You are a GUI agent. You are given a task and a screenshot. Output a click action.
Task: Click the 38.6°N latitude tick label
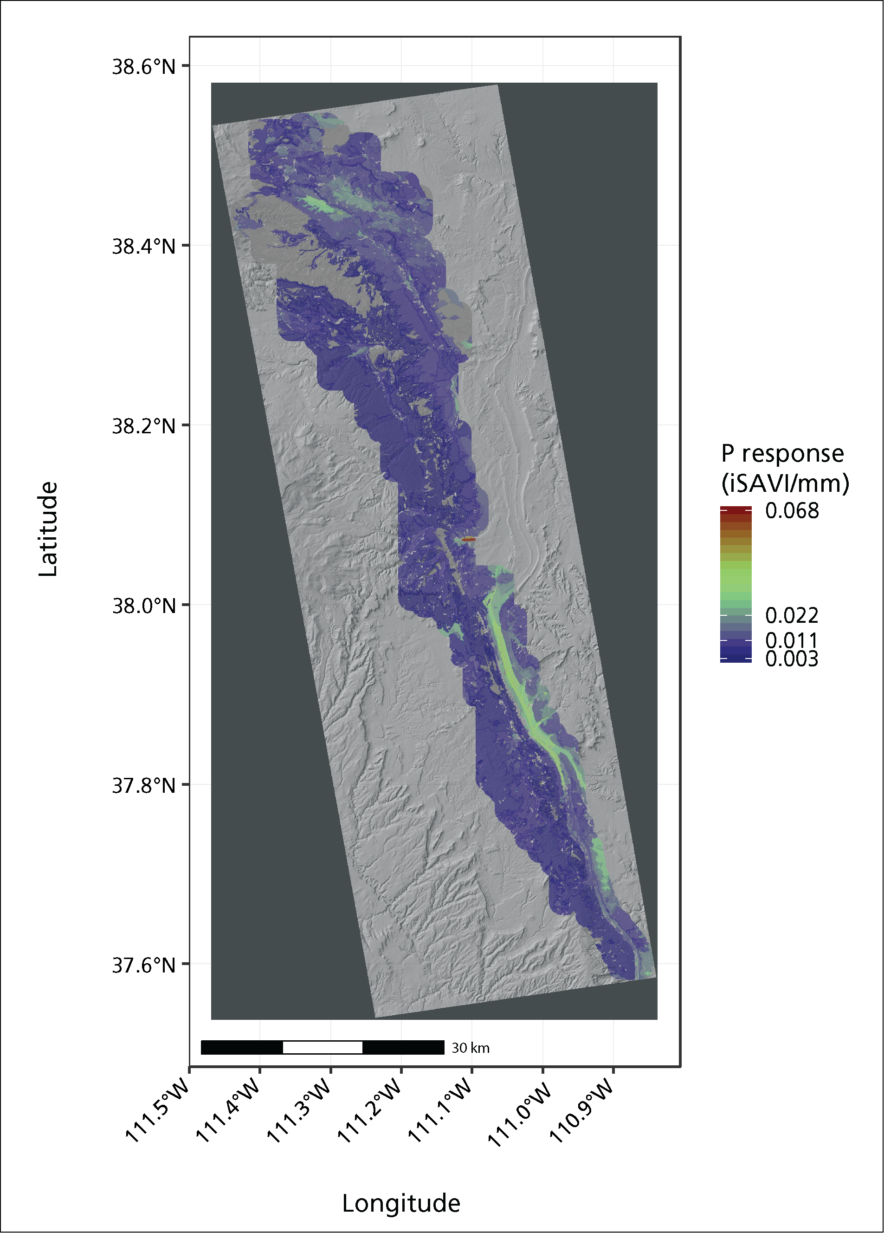pyautogui.click(x=143, y=67)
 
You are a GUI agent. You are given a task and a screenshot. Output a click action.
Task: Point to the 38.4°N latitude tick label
pyautogui.click(x=143, y=246)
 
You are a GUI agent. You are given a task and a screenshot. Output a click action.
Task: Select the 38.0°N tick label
pyautogui.click(x=143, y=605)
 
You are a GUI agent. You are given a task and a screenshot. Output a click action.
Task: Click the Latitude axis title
pyautogui.click(x=48, y=529)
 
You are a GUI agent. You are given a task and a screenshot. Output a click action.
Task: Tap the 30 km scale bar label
pyautogui.click(x=471, y=1048)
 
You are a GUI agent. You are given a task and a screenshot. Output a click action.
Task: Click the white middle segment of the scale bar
pyautogui.click(x=323, y=1047)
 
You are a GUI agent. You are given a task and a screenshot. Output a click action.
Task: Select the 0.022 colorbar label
pyautogui.click(x=792, y=615)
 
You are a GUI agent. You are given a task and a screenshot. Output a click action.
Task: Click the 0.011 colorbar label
pyautogui.click(x=792, y=640)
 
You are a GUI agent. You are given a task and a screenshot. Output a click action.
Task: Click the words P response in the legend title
pyautogui.click(x=782, y=453)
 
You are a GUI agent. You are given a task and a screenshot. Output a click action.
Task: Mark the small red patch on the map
pyautogui.click(x=469, y=539)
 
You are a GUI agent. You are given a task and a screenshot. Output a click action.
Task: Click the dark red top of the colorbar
pyautogui.click(x=736, y=509)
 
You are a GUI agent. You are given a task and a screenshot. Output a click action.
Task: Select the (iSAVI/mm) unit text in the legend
pyautogui.click(x=785, y=483)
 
